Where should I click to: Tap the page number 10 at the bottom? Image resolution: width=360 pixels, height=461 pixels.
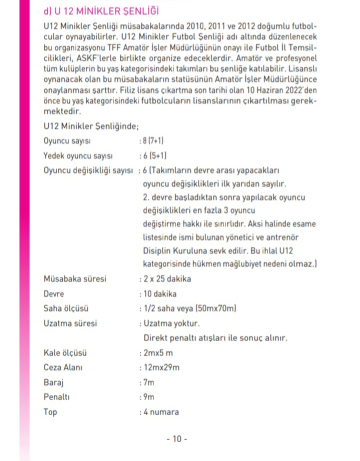pos(176,439)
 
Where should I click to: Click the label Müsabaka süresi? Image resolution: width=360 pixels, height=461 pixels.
pos(75,279)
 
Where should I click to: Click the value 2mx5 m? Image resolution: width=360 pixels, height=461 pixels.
pos(158,353)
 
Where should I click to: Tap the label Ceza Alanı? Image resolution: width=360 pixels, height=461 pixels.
pos(63,367)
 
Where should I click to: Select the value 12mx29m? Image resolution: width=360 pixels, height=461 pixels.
pos(161,367)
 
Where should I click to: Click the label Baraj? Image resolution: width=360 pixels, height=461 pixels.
pos(53,382)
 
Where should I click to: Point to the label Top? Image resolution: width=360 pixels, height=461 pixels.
pos(50,412)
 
